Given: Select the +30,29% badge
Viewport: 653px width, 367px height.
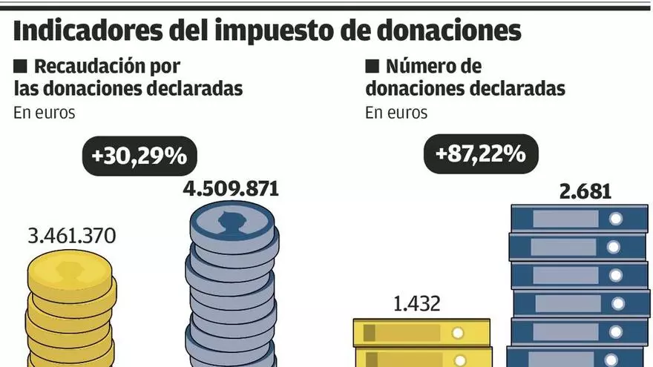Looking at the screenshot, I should (x=138, y=156).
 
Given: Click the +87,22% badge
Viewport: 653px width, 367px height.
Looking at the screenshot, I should (x=481, y=155).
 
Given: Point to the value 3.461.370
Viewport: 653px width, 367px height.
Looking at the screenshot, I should (x=71, y=238).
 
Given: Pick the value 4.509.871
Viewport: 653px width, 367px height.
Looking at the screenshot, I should (x=231, y=188).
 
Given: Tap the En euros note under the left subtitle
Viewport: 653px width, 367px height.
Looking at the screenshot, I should (x=45, y=113).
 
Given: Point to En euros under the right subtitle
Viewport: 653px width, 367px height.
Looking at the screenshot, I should (x=396, y=113).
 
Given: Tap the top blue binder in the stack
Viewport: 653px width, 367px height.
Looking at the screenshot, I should (x=580, y=219).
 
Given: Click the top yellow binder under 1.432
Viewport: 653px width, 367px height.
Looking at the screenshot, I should (x=421, y=332).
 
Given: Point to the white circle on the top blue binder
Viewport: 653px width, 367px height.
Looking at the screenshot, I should (x=615, y=219).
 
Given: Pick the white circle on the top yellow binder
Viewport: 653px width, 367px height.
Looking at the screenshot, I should (x=458, y=332).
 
